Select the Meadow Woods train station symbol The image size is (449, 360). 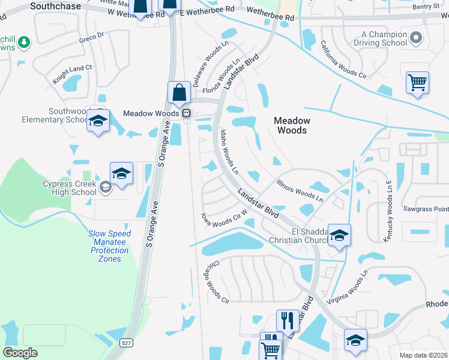click(187, 113)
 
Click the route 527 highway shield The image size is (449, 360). click(125, 343)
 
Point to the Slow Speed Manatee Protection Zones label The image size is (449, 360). click(109, 246)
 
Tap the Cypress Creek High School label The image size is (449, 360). click(70, 188)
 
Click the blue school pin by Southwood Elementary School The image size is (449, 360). click(98, 121)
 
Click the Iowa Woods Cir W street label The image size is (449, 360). click(224, 218)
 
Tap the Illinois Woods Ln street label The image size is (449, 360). click(300, 190)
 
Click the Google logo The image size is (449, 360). click(20, 352)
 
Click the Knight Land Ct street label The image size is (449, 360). click(73, 74)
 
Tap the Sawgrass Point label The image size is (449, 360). click(426, 208)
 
